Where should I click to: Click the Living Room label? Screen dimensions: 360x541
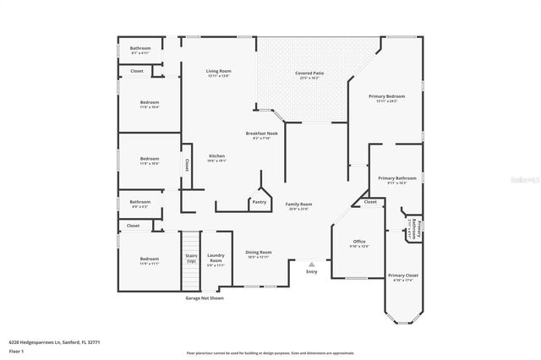pos(219,71)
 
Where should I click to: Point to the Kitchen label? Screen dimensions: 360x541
pos(217,156)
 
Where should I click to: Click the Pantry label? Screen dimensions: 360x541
pos(258,202)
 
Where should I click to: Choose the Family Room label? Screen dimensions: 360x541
pos(298,205)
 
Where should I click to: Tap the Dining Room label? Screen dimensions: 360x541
pos(258,253)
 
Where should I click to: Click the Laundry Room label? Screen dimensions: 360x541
pos(216,259)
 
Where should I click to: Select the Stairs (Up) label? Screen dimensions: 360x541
pos(192,259)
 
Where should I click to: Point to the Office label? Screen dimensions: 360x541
pos(360,242)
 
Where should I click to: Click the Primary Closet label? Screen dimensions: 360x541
pos(403,275)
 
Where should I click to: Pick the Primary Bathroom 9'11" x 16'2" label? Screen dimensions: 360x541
pos(396,178)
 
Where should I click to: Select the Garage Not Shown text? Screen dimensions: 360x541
pos(205,297)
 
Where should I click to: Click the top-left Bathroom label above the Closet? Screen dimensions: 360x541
pos(140,48)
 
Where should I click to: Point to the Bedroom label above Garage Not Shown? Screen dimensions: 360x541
pos(150,259)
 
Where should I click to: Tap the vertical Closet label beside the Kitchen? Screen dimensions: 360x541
pos(186,166)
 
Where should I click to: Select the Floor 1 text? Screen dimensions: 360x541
pos(17,352)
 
